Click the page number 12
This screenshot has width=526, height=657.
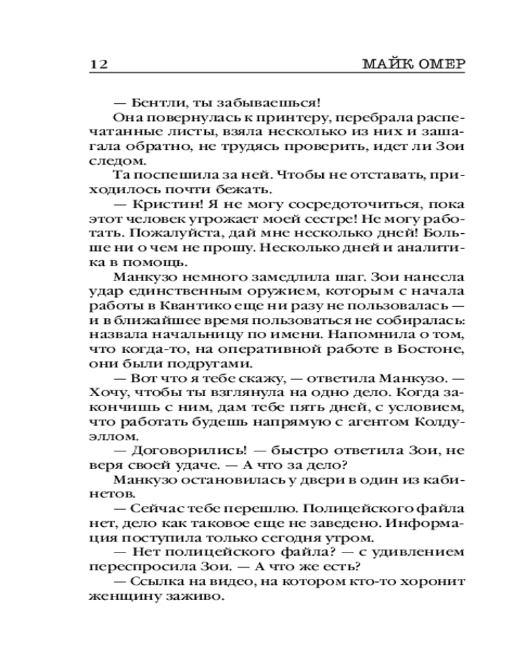pyautogui.click(x=96, y=64)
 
